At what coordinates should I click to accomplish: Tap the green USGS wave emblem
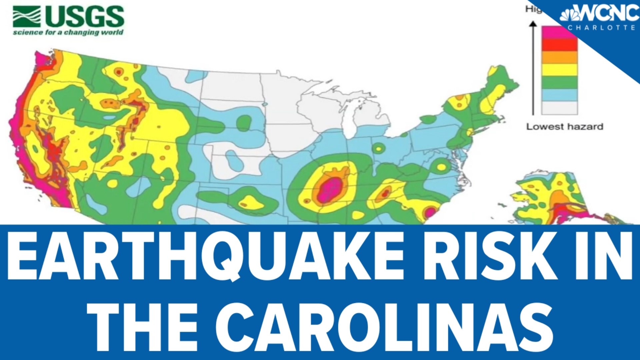[x=27, y=17]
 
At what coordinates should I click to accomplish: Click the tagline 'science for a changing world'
[x=68, y=33]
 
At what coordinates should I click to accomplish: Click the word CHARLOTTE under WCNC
[x=602, y=28]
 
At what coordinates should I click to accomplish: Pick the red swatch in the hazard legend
[x=559, y=45]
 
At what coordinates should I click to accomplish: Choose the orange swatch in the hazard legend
[x=559, y=57]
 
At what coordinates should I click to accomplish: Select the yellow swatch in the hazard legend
[x=559, y=70]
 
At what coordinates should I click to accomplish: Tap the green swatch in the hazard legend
[x=559, y=82]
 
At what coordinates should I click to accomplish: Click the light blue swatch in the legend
[x=559, y=95]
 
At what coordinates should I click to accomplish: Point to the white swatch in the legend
[x=559, y=108]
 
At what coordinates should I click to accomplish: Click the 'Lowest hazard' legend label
[x=565, y=127]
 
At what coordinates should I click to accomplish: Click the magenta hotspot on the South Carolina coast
[x=430, y=212]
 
